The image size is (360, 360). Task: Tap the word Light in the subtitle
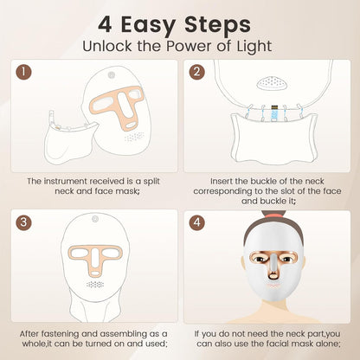coord(248,45)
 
